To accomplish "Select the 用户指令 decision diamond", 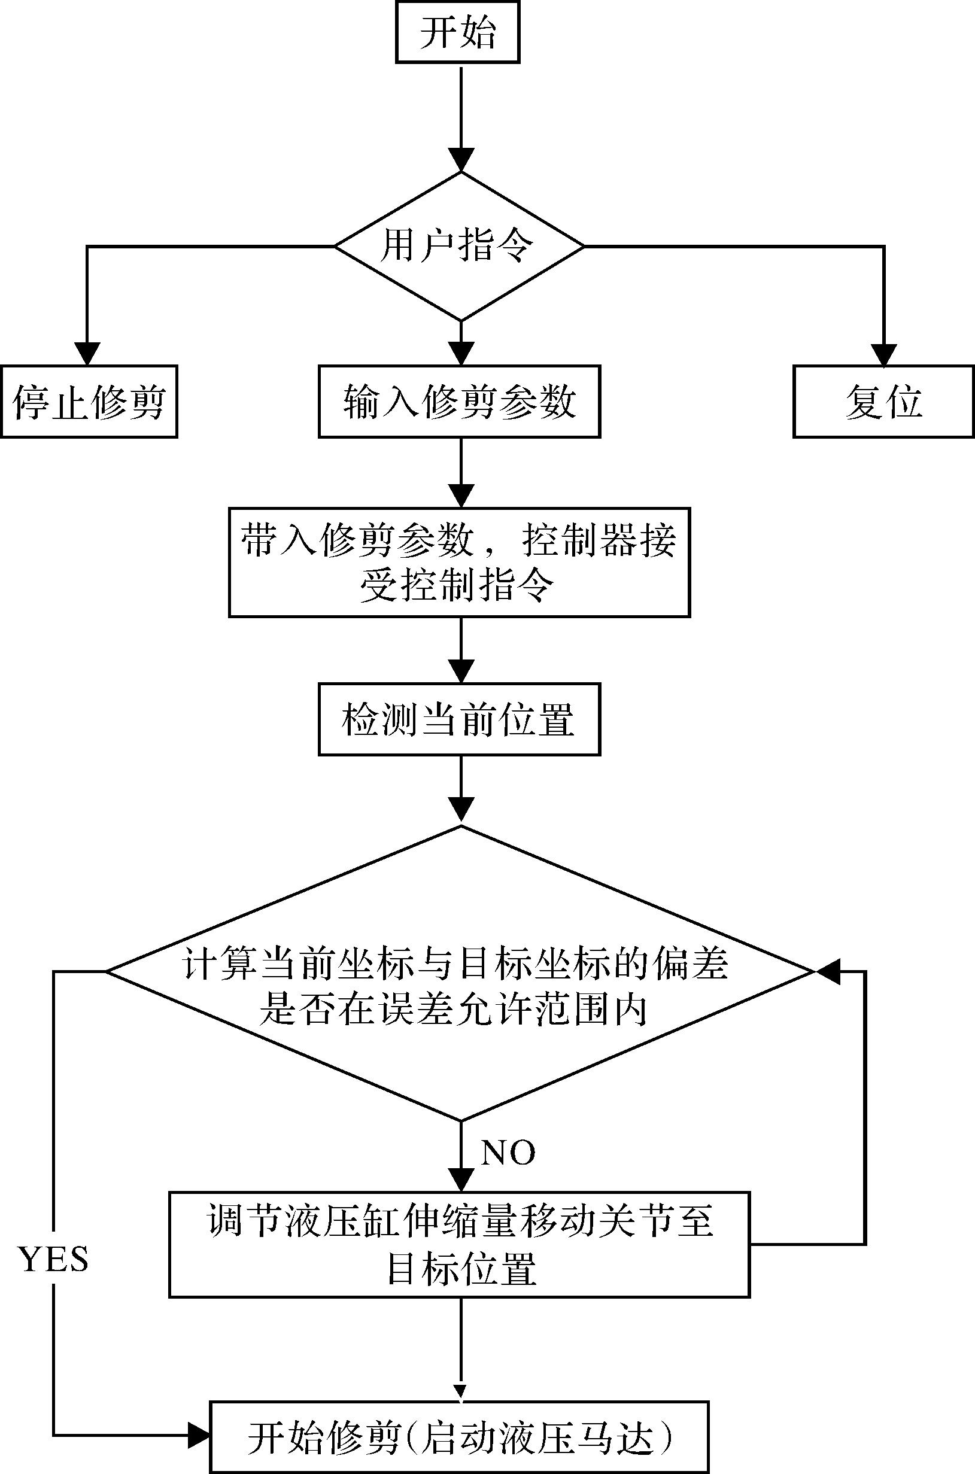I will [x=460, y=246].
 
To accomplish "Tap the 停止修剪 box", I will [x=89, y=402].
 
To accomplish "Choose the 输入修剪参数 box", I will [x=460, y=402].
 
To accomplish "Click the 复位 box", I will [x=883, y=402].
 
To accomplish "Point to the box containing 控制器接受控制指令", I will [x=460, y=563].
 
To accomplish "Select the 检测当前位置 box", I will [x=460, y=719].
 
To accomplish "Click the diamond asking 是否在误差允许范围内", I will [x=460, y=989].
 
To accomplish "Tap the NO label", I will [x=508, y=1153].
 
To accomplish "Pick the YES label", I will [x=54, y=1260].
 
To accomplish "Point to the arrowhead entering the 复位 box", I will [x=883, y=353].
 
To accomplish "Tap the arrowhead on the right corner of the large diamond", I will [x=828, y=971].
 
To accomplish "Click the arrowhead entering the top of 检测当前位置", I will [x=461, y=671].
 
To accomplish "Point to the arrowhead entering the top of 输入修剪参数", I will [x=461, y=353].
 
